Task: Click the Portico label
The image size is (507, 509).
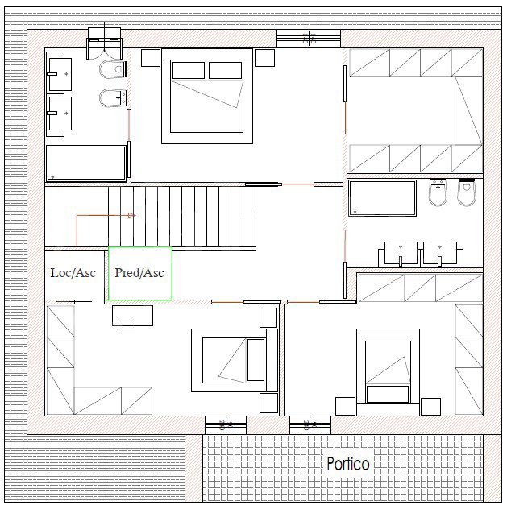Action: (x=348, y=464)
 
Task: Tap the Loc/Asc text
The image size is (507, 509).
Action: (x=73, y=273)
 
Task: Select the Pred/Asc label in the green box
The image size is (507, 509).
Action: (x=139, y=273)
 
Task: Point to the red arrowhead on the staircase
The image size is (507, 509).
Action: (x=131, y=215)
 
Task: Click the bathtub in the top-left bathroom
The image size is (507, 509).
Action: (x=86, y=163)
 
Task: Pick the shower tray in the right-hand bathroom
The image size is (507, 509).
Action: (x=382, y=198)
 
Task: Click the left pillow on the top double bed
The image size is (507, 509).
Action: (x=189, y=70)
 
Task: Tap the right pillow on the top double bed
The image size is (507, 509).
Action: (x=226, y=70)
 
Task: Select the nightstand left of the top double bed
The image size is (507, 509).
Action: (x=151, y=58)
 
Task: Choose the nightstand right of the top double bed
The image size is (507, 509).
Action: (x=264, y=58)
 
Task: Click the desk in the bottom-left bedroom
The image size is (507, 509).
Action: (x=132, y=316)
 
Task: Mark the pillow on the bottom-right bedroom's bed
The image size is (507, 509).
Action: (x=387, y=394)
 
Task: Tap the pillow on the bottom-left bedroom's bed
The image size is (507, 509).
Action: (x=256, y=360)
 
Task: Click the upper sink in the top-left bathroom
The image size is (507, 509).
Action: (x=60, y=74)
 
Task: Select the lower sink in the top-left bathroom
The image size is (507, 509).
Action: (x=60, y=114)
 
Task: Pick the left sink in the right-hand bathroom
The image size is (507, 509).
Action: (x=400, y=254)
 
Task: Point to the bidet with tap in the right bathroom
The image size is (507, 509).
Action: (x=438, y=192)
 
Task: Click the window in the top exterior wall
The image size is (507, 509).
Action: (x=309, y=39)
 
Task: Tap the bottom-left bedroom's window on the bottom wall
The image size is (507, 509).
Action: (x=226, y=425)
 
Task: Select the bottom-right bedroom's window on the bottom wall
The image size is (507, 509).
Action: (x=310, y=425)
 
